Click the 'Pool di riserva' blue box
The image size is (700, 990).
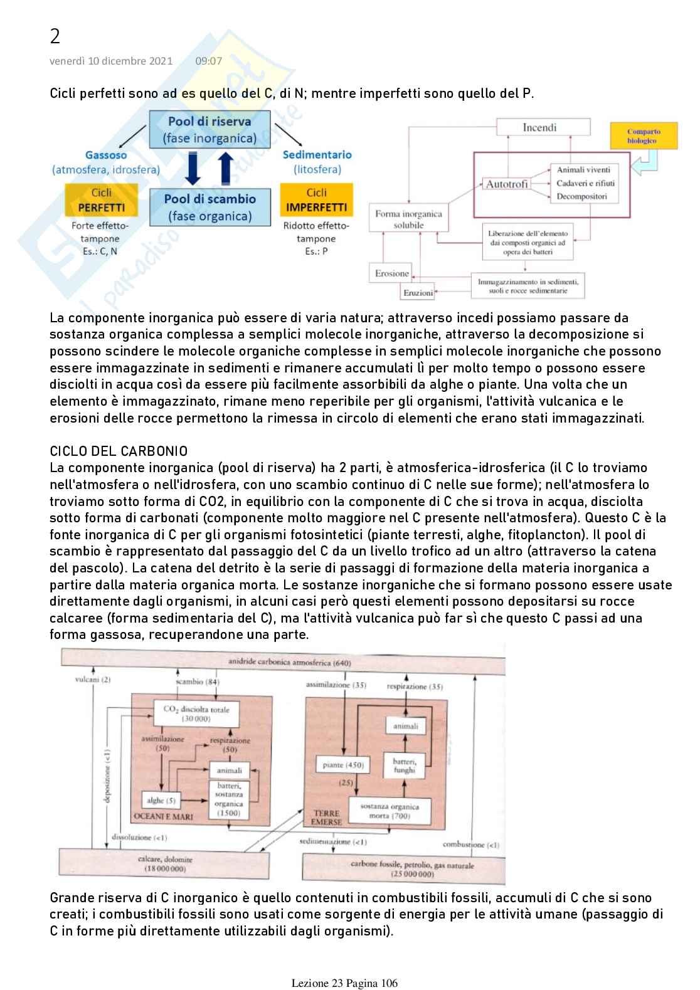click(x=209, y=130)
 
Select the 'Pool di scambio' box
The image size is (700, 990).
click(x=209, y=208)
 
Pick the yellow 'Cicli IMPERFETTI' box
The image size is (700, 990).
click(x=316, y=200)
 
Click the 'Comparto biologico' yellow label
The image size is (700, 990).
click(x=643, y=136)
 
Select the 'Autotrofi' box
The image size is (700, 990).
click(x=507, y=184)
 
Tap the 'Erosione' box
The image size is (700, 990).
click(x=391, y=273)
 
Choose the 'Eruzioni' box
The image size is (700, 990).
click(x=417, y=292)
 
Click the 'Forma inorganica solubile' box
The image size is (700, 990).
click(x=408, y=219)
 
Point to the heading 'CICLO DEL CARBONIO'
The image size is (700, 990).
click(x=119, y=451)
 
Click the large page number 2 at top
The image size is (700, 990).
click(x=55, y=37)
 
